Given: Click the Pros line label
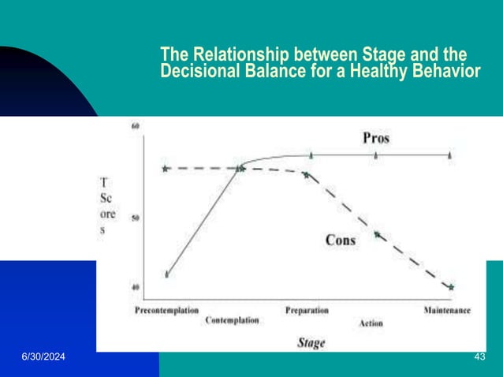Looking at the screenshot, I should pos(375,138).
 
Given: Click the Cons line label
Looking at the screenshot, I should pos(341,240).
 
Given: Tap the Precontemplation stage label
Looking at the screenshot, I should pos(166,310).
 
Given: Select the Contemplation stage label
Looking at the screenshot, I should pos(232,321).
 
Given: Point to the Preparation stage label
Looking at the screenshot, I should pos(307,310).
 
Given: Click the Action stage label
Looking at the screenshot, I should pos(371,323).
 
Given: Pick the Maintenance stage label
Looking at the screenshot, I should pos(447,310).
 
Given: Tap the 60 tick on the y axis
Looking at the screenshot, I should pos(135,126).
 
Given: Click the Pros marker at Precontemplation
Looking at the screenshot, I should pos(166,274).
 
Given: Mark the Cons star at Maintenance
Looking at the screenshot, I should pos(451,287).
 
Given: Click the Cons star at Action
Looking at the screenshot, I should pos(377,234).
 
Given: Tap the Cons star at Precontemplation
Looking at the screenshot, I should pos(165,168).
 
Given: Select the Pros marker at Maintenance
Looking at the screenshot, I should pos(449,155).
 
